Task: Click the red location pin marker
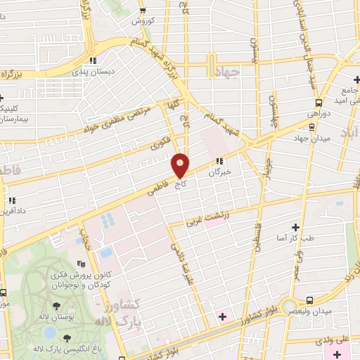point(181,166)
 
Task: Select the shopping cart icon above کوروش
point(143,10)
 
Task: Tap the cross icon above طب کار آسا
point(295,227)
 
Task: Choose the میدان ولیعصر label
point(313,311)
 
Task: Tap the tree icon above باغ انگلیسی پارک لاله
point(67,338)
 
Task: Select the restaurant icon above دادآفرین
point(11,200)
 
